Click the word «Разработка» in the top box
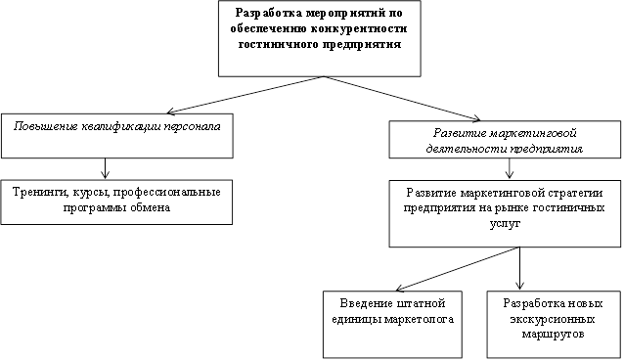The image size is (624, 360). [x=269, y=13]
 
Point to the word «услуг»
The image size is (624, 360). [x=505, y=224]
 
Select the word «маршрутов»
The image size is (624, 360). [x=553, y=335]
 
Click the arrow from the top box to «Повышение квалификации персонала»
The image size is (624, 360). [x=245, y=95]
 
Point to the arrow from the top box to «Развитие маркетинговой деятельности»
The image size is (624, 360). [x=402, y=99]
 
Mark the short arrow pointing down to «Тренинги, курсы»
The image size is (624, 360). [x=105, y=168]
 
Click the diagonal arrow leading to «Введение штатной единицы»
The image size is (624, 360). [x=458, y=269]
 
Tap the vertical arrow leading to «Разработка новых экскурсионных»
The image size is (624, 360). [x=519, y=268]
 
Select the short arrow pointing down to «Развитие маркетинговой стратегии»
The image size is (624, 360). [x=510, y=168]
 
